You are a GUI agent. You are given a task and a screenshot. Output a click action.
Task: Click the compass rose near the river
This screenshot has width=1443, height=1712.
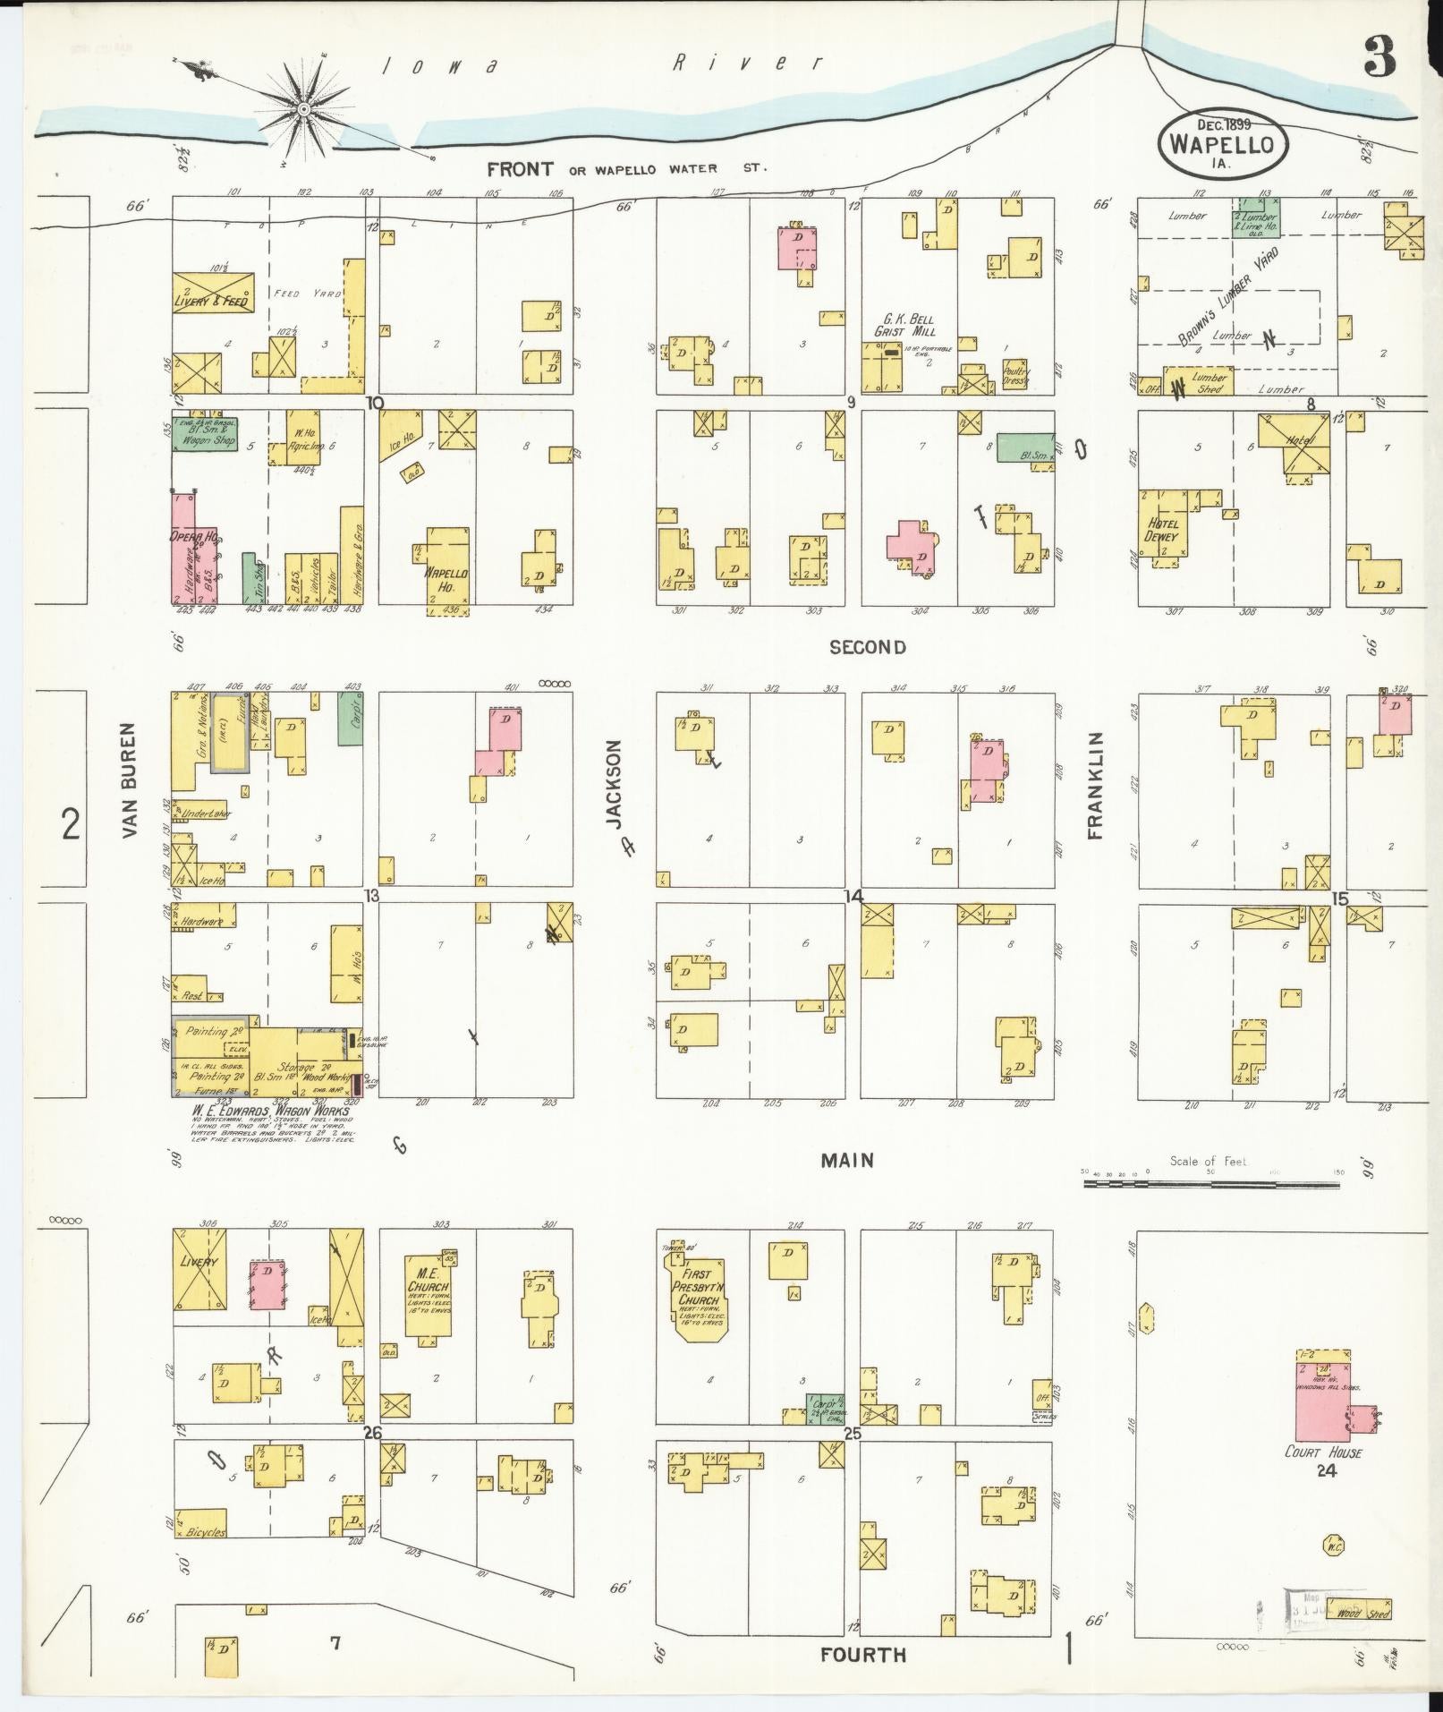pyautogui.click(x=304, y=109)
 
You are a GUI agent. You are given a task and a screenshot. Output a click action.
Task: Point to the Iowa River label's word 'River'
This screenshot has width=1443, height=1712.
pyautogui.click(x=747, y=64)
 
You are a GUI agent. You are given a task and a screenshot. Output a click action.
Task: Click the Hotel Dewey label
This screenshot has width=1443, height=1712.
pyautogui.click(x=1161, y=531)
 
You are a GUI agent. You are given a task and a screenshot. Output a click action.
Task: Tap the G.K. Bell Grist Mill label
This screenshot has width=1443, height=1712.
pyautogui.click(x=904, y=325)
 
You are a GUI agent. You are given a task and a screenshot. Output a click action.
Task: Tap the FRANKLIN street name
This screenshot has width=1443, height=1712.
pyautogui.click(x=1095, y=785)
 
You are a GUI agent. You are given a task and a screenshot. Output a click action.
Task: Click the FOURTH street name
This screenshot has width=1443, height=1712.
pyautogui.click(x=864, y=1655)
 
